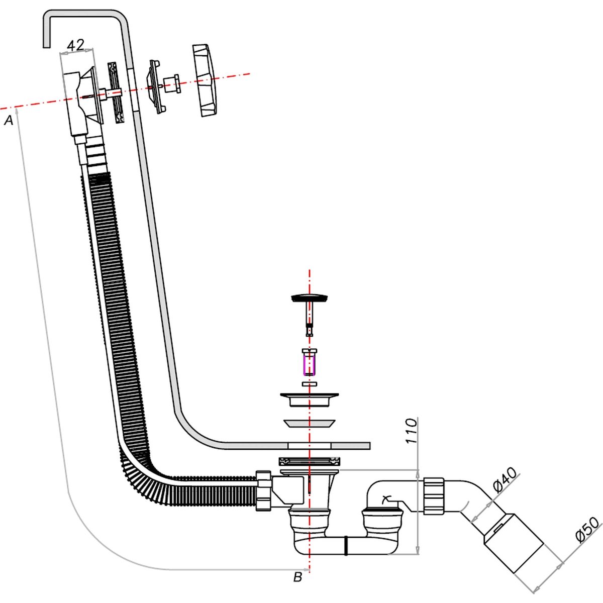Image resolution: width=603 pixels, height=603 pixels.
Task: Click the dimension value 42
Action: tap(75, 45)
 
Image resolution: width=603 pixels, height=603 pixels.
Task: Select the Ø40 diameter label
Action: tap(506, 480)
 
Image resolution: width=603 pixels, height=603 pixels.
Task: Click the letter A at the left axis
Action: tap(9, 120)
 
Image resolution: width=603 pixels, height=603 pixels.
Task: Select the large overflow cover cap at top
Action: tap(207, 80)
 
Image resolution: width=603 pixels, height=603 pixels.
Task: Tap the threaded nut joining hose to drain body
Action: tap(263, 490)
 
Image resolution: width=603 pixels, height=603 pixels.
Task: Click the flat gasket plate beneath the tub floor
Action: tap(310, 460)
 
